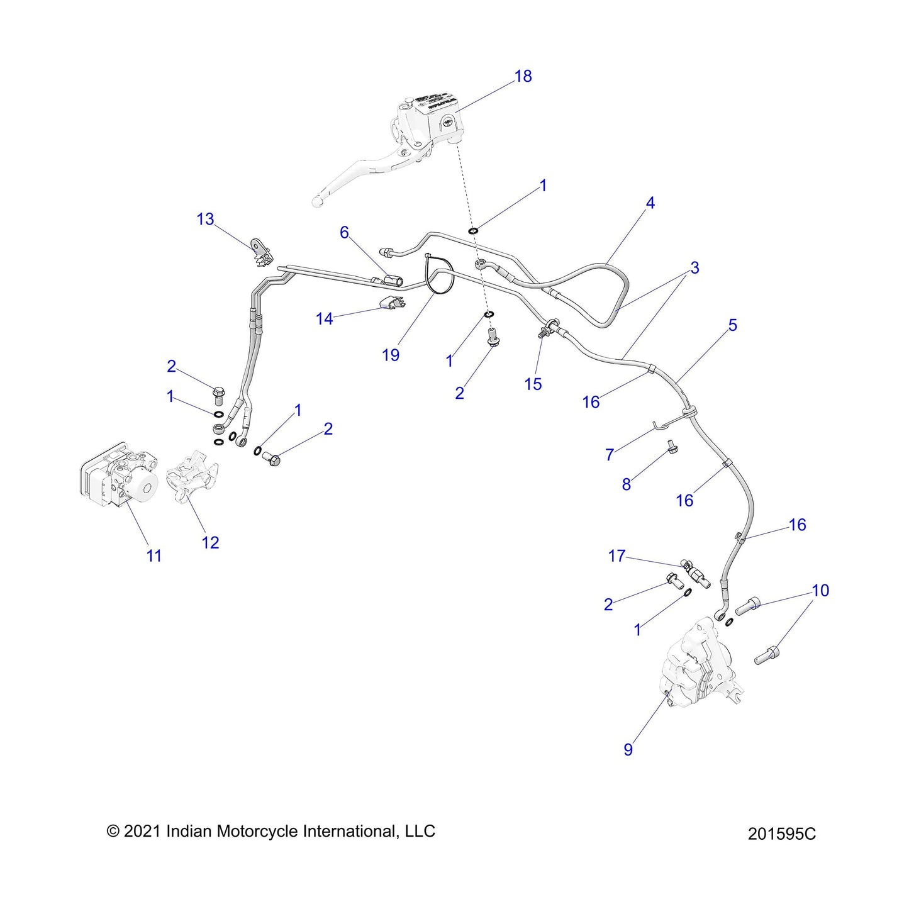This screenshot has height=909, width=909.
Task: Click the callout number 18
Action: pos(523,76)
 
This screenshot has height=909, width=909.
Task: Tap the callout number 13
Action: pos(205,220)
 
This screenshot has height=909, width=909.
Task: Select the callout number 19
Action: pos(391,355)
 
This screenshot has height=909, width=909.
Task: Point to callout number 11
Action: pos(154,556)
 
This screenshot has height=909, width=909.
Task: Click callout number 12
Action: pos(210,543)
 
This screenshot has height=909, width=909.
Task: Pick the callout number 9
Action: pos(628,750)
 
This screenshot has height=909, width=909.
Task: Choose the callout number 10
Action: pos(820,591)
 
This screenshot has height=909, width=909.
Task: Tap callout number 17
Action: pos(616,556)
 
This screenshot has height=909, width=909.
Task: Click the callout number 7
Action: pos(609,455)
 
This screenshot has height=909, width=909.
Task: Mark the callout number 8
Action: pos(626,484)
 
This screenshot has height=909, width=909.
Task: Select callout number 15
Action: pos(533,384)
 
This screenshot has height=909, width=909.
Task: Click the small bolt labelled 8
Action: pos(671,446)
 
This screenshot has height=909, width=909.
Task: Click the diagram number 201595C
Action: pos(781,834)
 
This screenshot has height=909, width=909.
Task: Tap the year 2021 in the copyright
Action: pos(143,832)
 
